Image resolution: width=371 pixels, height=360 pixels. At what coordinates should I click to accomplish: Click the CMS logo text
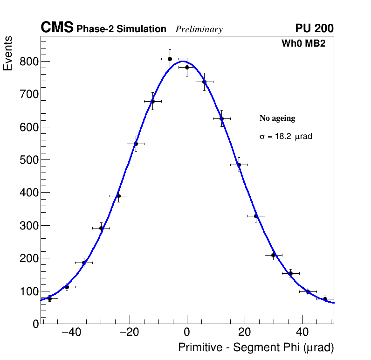57,28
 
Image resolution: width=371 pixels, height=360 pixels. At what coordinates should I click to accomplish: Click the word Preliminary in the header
199,29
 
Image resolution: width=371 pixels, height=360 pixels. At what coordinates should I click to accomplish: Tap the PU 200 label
314,28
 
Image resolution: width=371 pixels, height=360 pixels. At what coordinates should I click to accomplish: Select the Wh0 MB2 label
303,44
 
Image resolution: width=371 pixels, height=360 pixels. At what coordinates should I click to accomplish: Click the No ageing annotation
277,118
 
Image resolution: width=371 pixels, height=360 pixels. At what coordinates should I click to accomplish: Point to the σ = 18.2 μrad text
286,137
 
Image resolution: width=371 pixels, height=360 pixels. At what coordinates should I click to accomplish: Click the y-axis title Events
8,54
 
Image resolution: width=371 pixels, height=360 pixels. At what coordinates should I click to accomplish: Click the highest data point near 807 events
170,59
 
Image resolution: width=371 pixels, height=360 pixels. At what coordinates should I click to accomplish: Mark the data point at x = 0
187,67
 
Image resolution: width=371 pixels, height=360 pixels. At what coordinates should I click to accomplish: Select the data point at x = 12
221,118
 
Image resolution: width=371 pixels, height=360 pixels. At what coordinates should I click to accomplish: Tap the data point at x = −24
118,196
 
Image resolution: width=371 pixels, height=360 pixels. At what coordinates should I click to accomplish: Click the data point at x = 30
274,255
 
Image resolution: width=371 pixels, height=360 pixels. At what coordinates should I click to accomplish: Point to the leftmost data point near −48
49,298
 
